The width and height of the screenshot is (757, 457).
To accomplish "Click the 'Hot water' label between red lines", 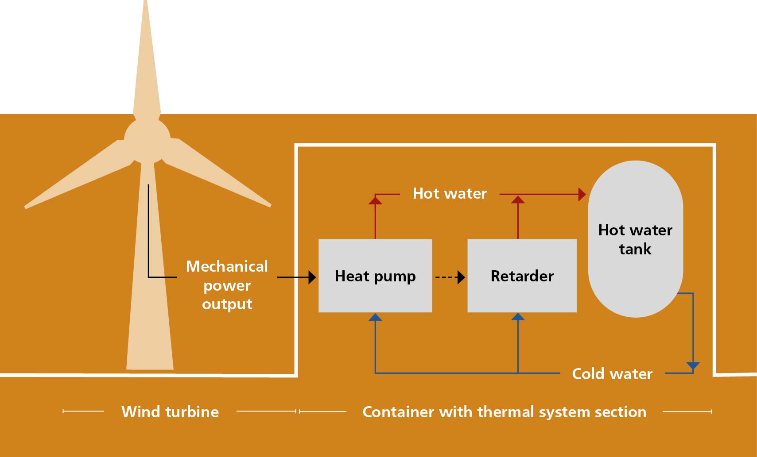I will (x=450, y=193).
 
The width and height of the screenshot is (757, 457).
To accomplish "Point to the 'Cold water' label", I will (x=612, y=374).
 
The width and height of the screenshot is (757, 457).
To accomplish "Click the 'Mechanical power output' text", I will (x=227, y=285).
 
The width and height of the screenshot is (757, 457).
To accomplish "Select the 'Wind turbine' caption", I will (x=170, y=412).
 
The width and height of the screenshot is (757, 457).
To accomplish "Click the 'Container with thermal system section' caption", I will (x=504, y=412).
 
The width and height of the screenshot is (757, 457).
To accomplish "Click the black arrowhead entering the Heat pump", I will (x=312, y=277).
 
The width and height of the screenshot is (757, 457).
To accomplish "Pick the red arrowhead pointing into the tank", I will (x=582, y=194).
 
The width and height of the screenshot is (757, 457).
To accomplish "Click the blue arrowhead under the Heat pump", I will (x=375, y=317).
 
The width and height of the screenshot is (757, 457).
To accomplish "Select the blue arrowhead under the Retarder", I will (x=518, y=317).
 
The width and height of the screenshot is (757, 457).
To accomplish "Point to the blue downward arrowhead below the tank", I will (x=693, y=366).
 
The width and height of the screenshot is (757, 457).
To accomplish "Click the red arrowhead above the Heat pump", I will (x=375, y=200).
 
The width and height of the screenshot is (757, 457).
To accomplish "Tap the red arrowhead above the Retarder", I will (x=518, y=200).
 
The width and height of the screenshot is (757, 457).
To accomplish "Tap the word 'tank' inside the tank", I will (x=635, y=249).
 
